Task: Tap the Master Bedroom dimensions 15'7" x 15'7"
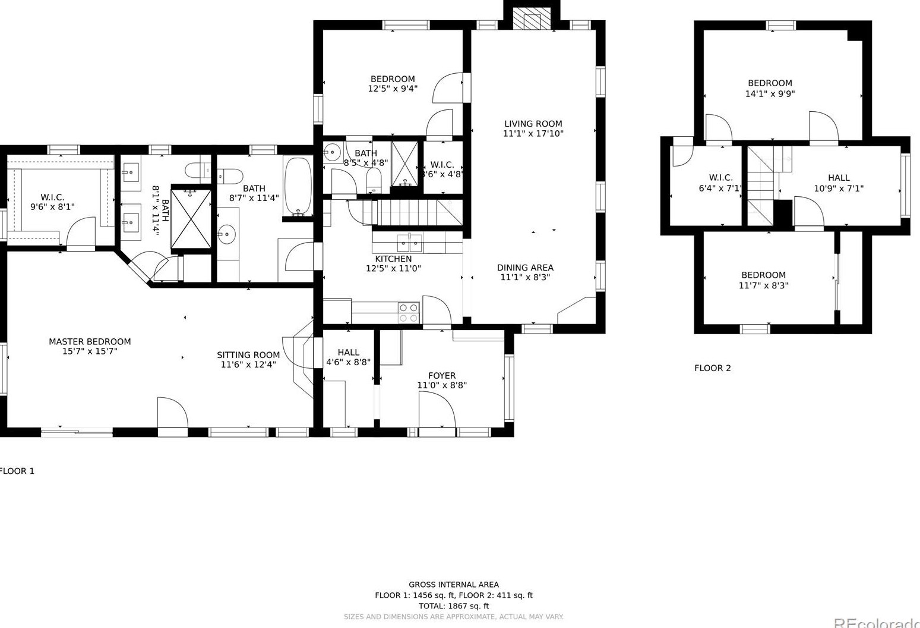pos(90,351)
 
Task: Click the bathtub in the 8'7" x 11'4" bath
pos(298,187)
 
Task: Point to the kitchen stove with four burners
pos(409,313)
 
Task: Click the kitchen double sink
pos(409,243)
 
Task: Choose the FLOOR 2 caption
pos(713,368)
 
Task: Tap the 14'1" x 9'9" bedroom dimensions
pos(770,94)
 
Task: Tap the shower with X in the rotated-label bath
pos(191,218)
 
